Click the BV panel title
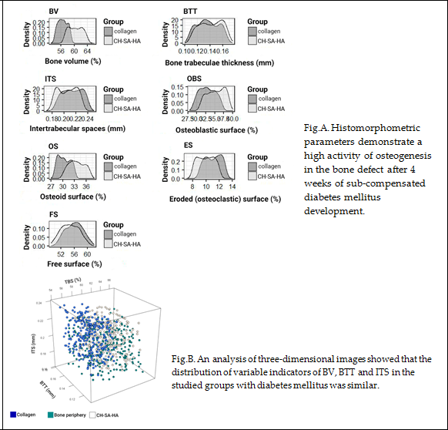54,12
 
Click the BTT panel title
190,12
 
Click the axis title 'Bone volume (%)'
69,59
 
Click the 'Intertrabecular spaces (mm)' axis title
73,129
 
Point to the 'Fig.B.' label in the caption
186,358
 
